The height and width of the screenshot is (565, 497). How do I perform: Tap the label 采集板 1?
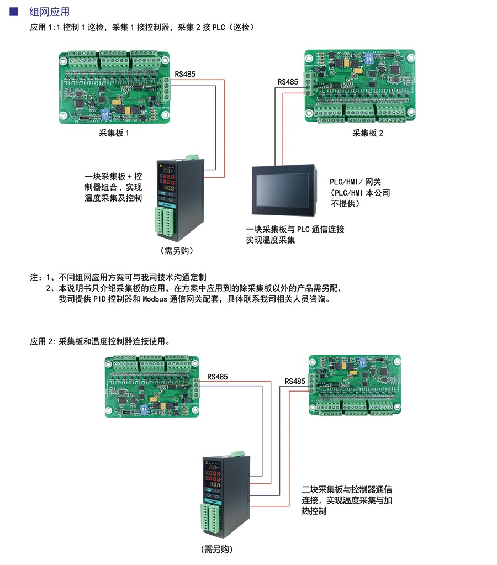pos(114,133)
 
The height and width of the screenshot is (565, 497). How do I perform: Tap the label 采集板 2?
pos(367,133)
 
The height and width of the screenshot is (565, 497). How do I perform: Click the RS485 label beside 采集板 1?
pos(185,74)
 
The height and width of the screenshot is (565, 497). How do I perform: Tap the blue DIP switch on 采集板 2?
pos(367,57)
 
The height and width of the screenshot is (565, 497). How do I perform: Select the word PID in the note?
pos(99,299)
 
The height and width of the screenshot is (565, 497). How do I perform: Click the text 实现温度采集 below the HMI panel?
pos(271,240)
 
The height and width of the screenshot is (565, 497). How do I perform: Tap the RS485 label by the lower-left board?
pos(217,377)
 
